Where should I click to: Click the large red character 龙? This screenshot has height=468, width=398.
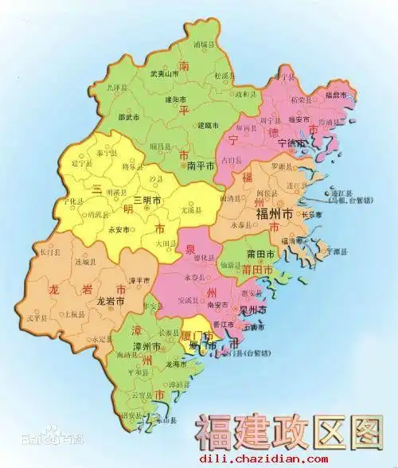[x=56, y=289]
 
